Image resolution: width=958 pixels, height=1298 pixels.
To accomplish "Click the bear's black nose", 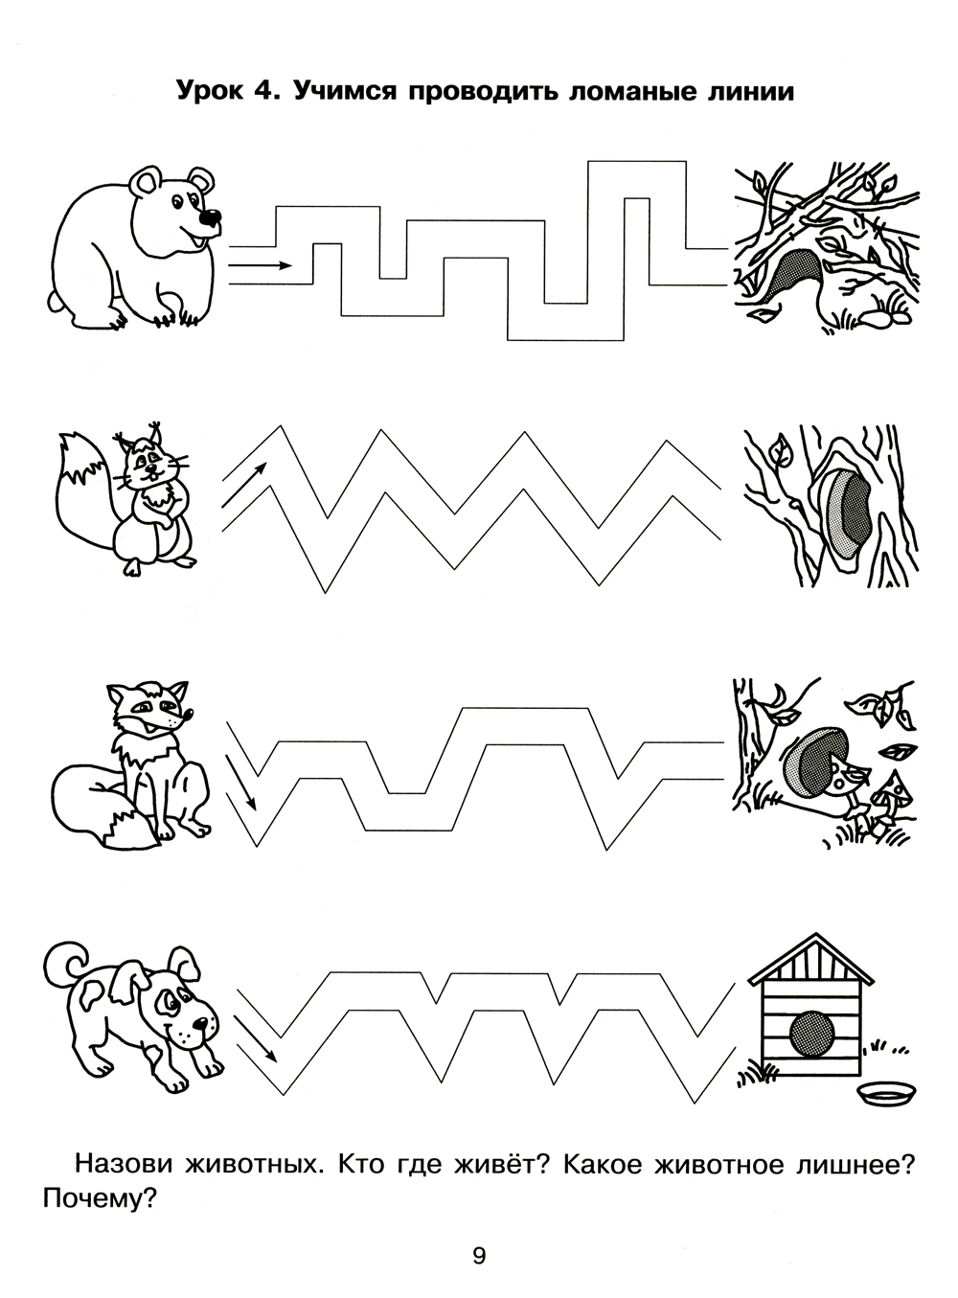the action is (210, 218).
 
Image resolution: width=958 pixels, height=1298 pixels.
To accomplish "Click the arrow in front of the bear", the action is (260, 265).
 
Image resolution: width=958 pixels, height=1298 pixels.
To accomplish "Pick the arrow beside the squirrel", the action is (244, 485).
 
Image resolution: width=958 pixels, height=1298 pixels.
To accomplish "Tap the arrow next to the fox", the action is (241, 783).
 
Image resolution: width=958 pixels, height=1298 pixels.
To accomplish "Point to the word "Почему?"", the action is (100, 1199).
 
